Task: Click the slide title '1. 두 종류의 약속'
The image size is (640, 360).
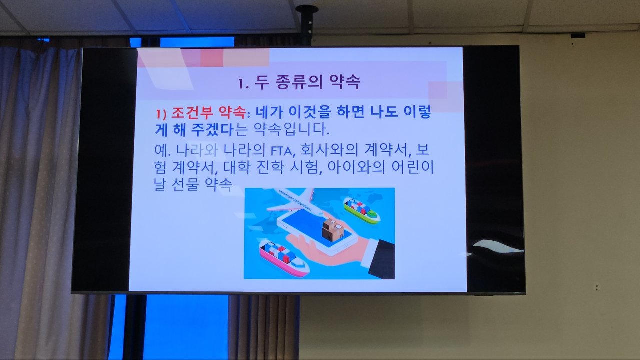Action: coord(299,83)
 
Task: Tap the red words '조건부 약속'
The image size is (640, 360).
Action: coord(208,113)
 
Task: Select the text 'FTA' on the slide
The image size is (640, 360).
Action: coord(281,151)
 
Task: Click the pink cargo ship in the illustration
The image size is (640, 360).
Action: coord(284,258)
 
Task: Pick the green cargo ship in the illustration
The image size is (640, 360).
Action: coord(361,210)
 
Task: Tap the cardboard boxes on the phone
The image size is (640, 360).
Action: coord(333,229)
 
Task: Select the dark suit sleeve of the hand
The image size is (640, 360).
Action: coord(381,258)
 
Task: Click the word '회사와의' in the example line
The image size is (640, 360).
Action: coord(329,150)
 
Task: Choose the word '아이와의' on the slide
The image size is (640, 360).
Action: coord(356,167)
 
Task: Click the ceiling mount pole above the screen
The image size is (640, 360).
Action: coord(307,25)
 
